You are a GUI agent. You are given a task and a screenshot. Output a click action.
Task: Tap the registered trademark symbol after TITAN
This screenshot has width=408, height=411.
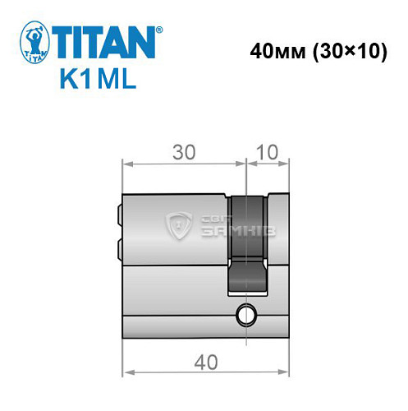click(x=158, y=29)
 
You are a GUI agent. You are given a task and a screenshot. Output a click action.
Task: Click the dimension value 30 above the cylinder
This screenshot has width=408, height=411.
click(x=184, y=152)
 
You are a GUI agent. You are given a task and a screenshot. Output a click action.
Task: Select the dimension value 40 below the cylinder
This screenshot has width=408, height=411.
click(x=205, y=360)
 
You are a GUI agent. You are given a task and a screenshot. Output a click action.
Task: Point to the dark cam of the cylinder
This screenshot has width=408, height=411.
click(x=246, y=242)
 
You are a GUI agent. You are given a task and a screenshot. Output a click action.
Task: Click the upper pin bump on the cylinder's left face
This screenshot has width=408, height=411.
click(x=120, y=218)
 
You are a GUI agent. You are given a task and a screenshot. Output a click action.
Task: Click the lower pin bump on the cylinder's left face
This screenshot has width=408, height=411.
click(x=120, y=246)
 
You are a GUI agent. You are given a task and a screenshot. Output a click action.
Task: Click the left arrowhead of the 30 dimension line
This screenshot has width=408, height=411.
click(x=126, y=164)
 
